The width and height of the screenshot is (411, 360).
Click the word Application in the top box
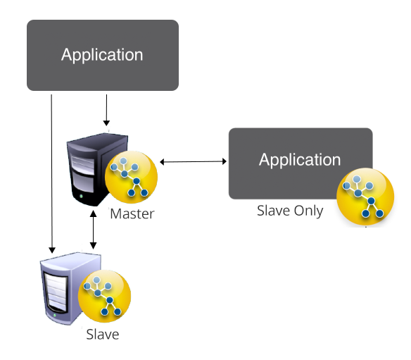click(102, 56)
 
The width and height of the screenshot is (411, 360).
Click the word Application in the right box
click(300, 160)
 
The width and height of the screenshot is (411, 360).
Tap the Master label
click(132, 213)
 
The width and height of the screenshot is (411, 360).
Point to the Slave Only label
click(290, 211)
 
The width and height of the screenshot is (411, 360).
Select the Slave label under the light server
click(103, 335)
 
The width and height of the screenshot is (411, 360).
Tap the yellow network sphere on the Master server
click(131, 177)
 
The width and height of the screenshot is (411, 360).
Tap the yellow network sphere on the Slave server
click(104, 296)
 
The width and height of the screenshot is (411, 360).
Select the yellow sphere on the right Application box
click(365, 197)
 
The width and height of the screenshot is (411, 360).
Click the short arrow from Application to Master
click(106, 110)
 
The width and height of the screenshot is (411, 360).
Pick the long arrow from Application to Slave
click(51, 174)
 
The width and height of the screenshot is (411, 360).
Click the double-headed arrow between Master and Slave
click(93, 230)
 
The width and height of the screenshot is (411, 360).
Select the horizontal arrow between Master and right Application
click(193, 161)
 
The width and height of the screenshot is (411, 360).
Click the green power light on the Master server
click(81, 196)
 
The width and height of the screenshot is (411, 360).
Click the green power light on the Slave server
click(54, 315)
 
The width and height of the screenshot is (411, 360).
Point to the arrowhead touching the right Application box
click(225, 161)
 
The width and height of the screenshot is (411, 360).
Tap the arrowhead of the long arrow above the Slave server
click(52, 250)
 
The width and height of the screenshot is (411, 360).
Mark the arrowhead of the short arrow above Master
click(106, 123)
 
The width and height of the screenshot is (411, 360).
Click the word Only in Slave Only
click(308, 211)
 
